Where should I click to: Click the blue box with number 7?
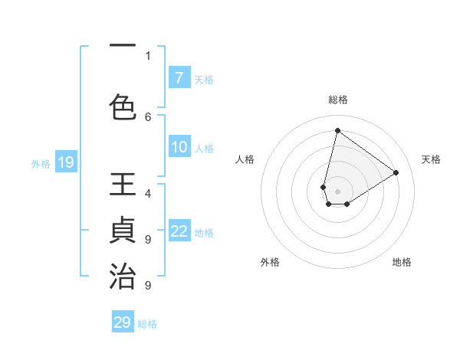[x=179, y=78]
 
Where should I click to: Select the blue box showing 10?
[x=179, y=148]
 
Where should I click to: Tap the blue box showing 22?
[x=179, y=231]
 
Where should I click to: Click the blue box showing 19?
[x=65, y=162]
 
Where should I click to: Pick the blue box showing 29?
[x=123, y=322]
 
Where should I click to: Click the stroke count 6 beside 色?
[x=148, y=116]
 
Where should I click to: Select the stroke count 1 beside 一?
[x=148, y=55]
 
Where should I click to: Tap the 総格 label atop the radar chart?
[x=338, y=100]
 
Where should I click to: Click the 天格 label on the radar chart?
[x=431, y=159]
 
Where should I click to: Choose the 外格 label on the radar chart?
[x=270, y=262]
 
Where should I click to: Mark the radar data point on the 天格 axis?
[x=396, y=172]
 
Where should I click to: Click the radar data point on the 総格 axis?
[x=337, y=130]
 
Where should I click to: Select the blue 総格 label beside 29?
[x=147, y=324]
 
